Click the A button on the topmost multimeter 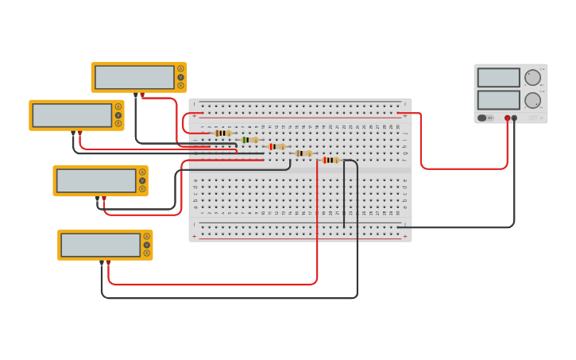pos(180,68)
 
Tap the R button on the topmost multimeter pos(180,85)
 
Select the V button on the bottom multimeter pos(146,245)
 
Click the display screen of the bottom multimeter pos(100,245)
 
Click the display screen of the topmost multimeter pos(134,77)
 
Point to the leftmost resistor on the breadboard pos(222,133)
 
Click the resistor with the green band pos(249,140)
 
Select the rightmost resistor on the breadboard pos(331,160)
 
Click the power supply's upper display pos(498,77)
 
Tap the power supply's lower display pos(498,100)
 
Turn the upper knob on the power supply pos(532,77)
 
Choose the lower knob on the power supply pos(532,100)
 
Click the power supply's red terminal pos(507,118)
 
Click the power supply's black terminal pos(514,118)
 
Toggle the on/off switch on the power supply pos(481,118)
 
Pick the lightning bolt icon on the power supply pos(490,118)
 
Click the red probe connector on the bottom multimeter pos(109,261)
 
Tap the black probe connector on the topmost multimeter pos(136,95)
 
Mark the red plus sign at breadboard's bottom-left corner pos(194,236)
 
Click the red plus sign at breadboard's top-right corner pos(405,116)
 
